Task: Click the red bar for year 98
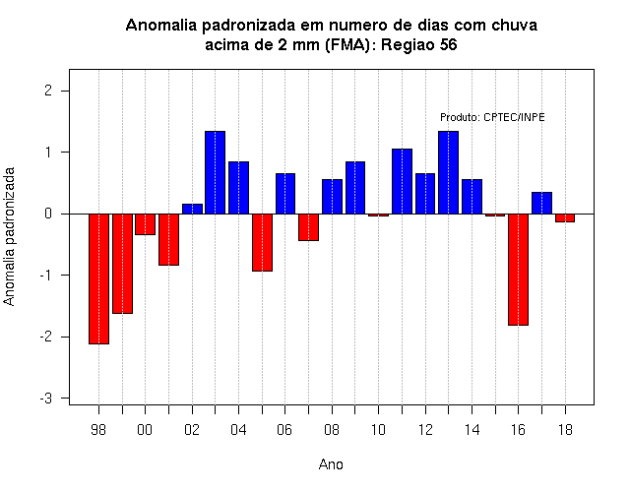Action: pyautogui.click(x=98, y=278)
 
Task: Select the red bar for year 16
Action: pyautogui.click(x=519, y=270)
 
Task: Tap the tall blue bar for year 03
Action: pyautogui.click(x=215, y=172)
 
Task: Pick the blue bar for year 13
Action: pyautogui.click(x=449, y=172)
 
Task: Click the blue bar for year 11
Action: pyautogui.click(x=402, y=181)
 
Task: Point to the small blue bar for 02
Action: pyautogui.click(x=192, y=209)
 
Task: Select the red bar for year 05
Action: pyautogui.click(x=263, y=243)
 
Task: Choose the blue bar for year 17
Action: pyautogui.click(x=541, y=203)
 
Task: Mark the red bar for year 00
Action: pyautogui.click(x=145, y=224)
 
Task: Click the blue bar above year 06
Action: pyautogui.click(x=285, y=194)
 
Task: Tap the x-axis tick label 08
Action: pyautogui.click(x=332, y=430)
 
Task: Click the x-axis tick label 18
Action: pyautogui.click(x=565, y=430)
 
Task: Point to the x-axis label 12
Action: pyautogui.click(x=425, y=430)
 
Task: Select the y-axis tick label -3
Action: pyautogui.click(x=46, y=399)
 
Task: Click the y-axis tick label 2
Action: pyautogui.click(x=48, y=91)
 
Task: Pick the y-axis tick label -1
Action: pyautogui.click(x=46, y=276)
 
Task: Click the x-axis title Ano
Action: pyautogui.click(x=331, y=464)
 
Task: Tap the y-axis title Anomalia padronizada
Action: pyautogui.click(x=9, y=236)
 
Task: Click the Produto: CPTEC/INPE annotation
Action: pyautogui.click(x=492, y=117)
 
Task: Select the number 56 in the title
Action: pyautogui.click(x=449, y=44)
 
